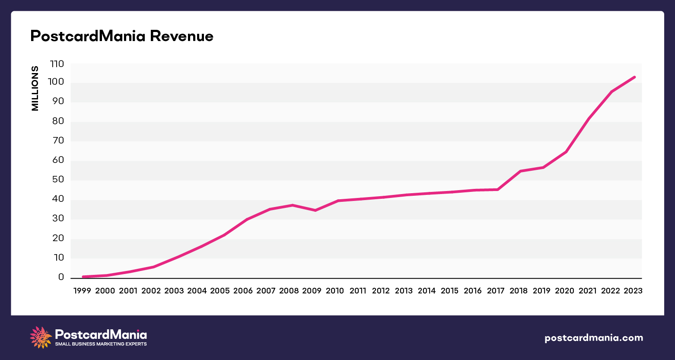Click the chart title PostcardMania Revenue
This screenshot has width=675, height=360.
pyautogui.click(x=121, y=36)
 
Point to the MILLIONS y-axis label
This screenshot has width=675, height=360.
pyautogui.click(x=35, y=88)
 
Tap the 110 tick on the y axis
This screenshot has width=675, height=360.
pyautogui.click(x=57, y=64)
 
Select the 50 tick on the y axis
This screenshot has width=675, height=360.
pyautogui.click(x=58, y=180)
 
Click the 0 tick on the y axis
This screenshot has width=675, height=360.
pyautogui.click(x=61, y=277)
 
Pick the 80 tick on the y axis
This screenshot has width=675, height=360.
pyautogui.click(x=58, y=121)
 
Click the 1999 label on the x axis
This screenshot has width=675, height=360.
pyautogui.click(x=82, y=291)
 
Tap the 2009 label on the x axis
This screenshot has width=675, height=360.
pyautogui.click(x=312, y=291)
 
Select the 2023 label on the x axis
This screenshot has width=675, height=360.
pyautogui.click(x=633, y=291)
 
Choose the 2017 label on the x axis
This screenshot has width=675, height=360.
pyautogui.click(x=495, y=291)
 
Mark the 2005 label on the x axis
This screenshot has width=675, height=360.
pyautogui.click(x=220, y=291)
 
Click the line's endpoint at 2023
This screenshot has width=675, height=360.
pyautogui.click(x=634, y=77)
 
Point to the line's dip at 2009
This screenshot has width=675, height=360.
pyautogui.click(x=315, y=210)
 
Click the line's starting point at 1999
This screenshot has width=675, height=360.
pyautogui.click(x=83, y=277)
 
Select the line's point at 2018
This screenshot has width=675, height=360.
pyautogui.click(x=521, y=171)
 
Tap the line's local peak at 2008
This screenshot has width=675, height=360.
pyautogui.click(x=293, y=205)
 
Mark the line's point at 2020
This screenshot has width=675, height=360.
pyautogui.click(x=566, y=152)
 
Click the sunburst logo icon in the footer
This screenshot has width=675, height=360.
pyautogui.click(x=41, y=338)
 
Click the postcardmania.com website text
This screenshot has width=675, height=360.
pyautogui.click(x=594, y=338)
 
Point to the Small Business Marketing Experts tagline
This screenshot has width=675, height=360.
pyautogui.click(x=101, y=344)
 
